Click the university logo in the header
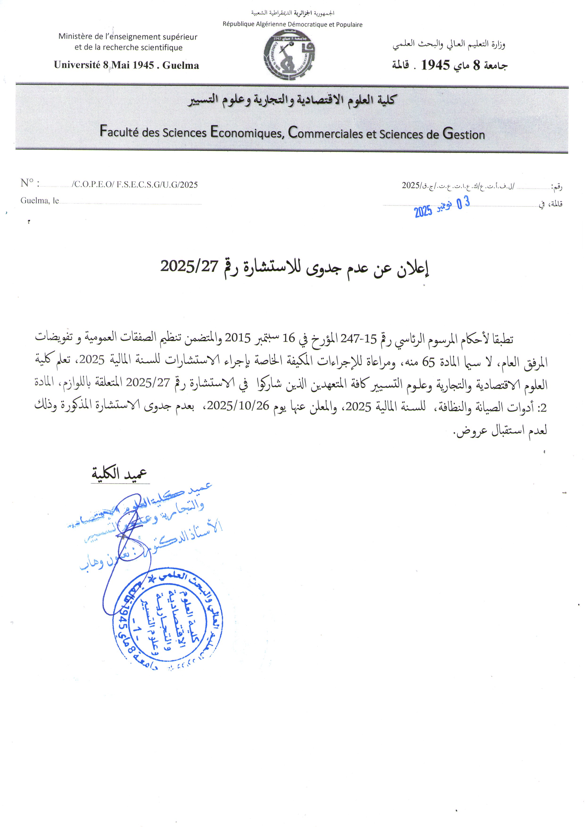pyautogui.click(x=289, y=55)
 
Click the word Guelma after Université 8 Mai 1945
pyautogui.click(x=181, y=65)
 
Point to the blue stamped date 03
pyautogui.click(x=463, y=203)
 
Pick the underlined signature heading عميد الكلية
pyautogui.click(x=119, y=473)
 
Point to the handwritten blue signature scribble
pyautogui.click(x=126, y=547)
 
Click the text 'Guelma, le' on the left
pyautogui.click(x=40, y=201)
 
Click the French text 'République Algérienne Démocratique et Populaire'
pyautogui.click(x=292, y=25)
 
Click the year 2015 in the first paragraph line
pyautogui.click(x=237, y=338)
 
